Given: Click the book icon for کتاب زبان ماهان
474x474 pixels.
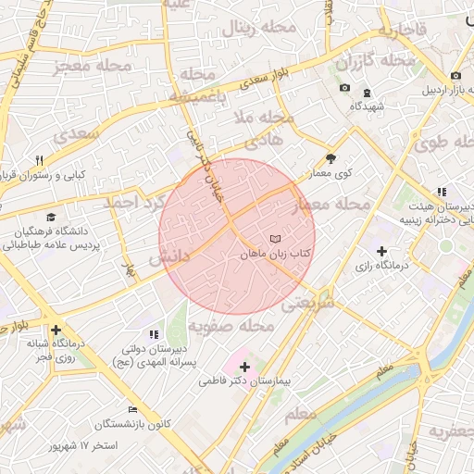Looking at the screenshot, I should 275,239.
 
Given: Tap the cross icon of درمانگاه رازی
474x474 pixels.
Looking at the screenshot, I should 381,250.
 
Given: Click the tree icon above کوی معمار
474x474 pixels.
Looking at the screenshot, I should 331,158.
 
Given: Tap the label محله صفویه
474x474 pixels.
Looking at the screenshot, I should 231,327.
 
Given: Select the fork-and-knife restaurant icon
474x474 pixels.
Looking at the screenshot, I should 39,160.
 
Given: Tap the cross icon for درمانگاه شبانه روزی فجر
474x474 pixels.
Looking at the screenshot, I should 56,330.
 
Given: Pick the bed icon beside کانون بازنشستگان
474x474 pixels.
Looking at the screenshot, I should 132,409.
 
